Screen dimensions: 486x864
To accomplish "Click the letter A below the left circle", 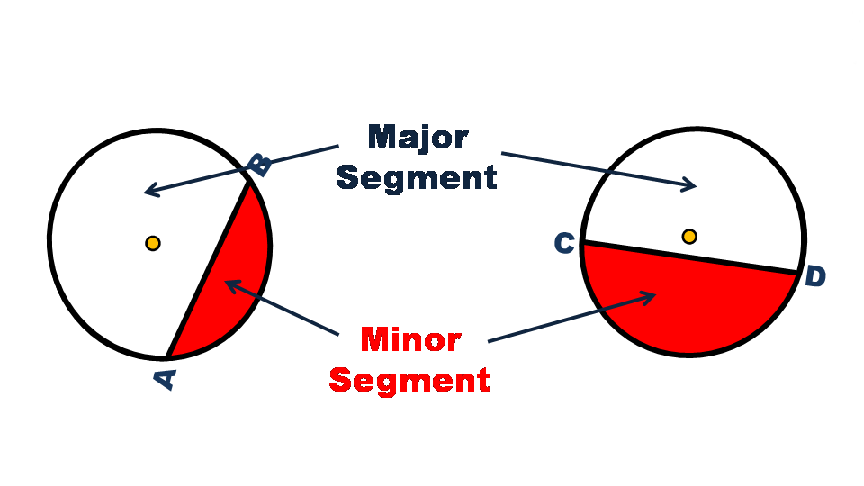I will tap(166, 378).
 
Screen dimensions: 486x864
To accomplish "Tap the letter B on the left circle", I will tap(259, 165).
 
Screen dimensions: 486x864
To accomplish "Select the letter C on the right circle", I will tap(564, 243).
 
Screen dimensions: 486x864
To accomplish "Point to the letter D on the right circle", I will tap(814, 276).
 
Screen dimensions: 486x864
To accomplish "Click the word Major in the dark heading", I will tap(418, 139).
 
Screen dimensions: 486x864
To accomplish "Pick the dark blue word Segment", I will tap(416, 177).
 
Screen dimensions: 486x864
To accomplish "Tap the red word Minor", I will tap(410, 339).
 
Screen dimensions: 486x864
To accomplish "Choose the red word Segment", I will tap(409, 379).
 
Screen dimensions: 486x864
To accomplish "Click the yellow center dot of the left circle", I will tap(153, 243).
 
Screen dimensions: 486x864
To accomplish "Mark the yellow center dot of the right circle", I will tap(689, 237).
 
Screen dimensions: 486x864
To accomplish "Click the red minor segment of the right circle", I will tap(684, 306).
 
